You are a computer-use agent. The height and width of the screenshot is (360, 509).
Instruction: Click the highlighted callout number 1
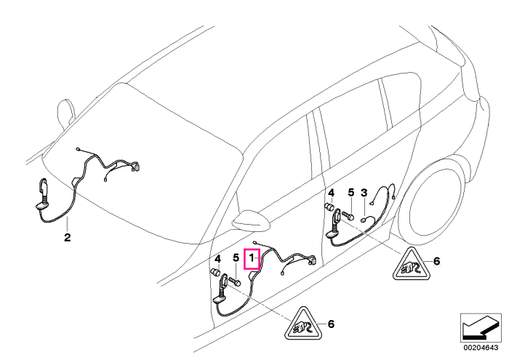pyautogui.click(x=252, y=258)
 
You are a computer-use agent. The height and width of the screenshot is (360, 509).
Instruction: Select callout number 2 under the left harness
pyautogui.click(x=67, y=237)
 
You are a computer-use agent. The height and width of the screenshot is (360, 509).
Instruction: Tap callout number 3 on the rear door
pyautogui.click(x=364, y=193)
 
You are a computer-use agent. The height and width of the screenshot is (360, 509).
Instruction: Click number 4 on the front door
pyautogui.click(x=218, y=259)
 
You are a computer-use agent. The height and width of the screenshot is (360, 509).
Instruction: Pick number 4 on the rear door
pyautogui.click(x=331, y=193)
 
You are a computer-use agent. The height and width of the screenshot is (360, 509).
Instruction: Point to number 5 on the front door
pyautogui.click(x=236, y=259)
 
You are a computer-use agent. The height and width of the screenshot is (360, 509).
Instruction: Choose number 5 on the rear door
pyautogui.click(x=351, y=193)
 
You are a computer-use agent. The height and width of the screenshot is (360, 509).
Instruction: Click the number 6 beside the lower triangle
pyautogui.click(x=330, y=324)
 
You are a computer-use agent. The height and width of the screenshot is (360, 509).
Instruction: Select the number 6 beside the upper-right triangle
pyautogui.click(x=436, y=260)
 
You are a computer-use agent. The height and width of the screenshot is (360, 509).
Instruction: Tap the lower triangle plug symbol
pyautogui.click(x=303, y=326)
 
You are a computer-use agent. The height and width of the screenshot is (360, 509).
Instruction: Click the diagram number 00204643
pyautogui.click(x=481, y=348)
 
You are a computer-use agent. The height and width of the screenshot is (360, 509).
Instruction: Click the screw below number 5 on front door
pyautogui.click(x=235, y=281)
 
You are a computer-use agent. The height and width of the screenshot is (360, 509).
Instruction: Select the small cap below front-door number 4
pyautogui.click(x=216, y=272)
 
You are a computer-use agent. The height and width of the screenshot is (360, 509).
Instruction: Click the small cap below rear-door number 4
pyautogui.click(x=330, y=207)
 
